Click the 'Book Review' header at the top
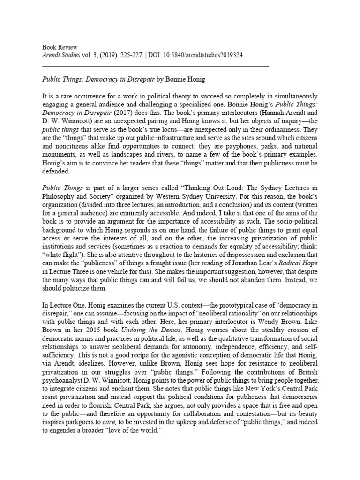point(60,48)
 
